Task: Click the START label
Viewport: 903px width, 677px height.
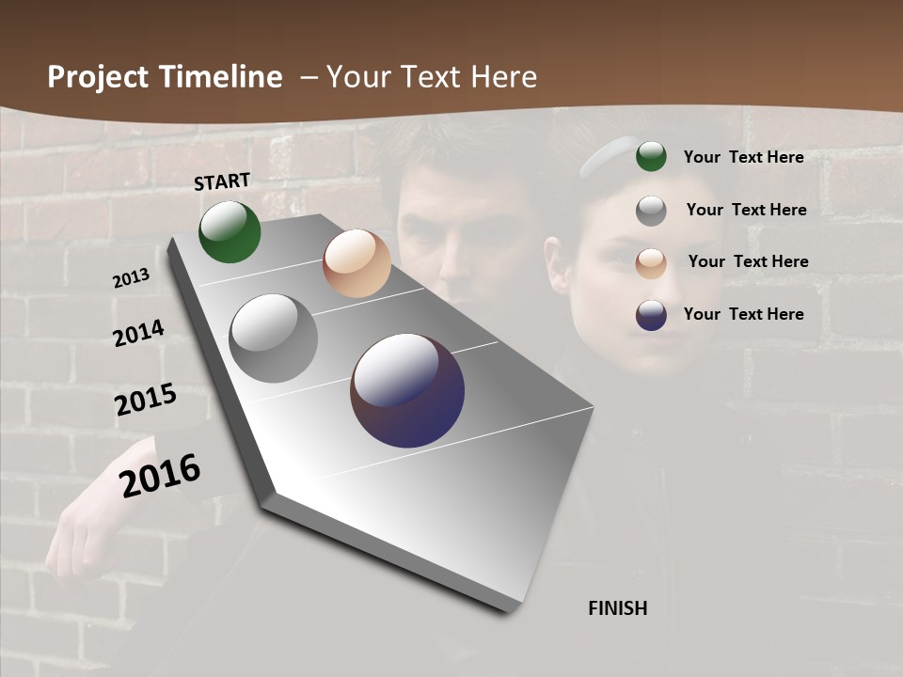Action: click(x=222, y=181)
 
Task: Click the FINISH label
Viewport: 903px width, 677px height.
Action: click(x=618, y=608)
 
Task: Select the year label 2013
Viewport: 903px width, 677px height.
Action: click(x=131, y=278)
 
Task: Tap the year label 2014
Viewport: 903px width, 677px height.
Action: click(x=138, y=333)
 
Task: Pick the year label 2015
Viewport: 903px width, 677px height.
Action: click(x=146, y=400)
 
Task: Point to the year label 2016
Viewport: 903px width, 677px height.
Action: click(x=160, y=475)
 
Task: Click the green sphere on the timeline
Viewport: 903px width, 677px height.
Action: click(x=230, y=231)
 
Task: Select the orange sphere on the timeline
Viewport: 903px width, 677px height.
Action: click(x=356, y=263)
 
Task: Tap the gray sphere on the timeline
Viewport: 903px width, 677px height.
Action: click(x=274, y=338)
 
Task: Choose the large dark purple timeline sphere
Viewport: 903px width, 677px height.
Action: click(x=407, y=390)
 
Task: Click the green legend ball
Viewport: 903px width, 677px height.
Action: click(x=651, y=157)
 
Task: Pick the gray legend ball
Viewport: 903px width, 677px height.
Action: click(x=651, y=211)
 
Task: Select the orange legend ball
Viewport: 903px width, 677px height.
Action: click(x=651, y=263)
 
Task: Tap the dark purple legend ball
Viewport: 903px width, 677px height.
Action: click(x=651, y=315)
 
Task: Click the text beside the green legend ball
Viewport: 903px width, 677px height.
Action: click(x=743, y=157)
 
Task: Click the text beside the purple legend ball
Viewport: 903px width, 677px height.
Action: click(x=743, y=314)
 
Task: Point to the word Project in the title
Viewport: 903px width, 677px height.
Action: click(x=99, y=77)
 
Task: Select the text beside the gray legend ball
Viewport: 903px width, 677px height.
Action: click(x=746, y=210)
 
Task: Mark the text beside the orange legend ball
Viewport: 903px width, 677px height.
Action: click(x=748, y=261)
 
